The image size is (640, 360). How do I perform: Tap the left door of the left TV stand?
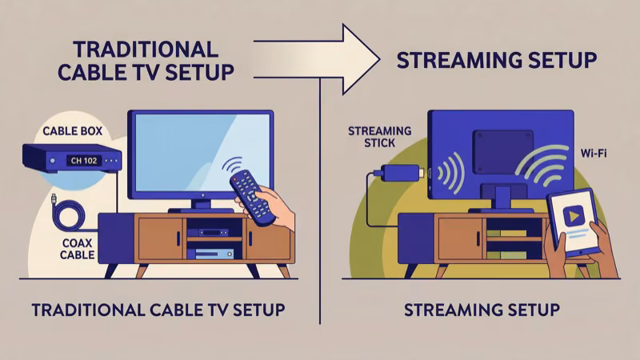[x=160, y=240]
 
